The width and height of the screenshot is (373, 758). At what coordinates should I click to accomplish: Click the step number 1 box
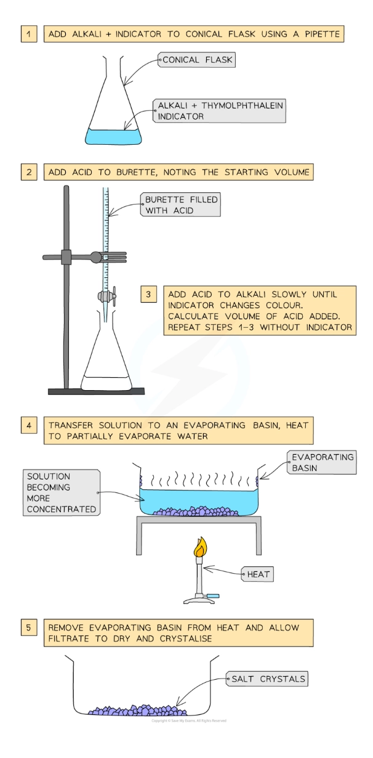(x=28, y=34)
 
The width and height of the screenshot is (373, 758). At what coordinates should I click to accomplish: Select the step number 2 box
(x=28, y=172)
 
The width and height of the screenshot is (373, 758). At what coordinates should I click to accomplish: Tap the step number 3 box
(x=148, y=295)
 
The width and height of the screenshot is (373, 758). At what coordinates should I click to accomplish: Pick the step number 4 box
(x=28, y=425)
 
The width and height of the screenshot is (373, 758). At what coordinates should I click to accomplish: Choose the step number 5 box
(x=28, y=628)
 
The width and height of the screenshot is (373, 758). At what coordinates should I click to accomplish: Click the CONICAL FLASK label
(x=196, y=60)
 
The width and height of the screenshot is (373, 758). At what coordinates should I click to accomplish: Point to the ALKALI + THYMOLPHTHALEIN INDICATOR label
(x=219, y=111)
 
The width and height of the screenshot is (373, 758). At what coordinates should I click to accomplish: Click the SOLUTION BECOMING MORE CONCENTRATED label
(x=61, y=493)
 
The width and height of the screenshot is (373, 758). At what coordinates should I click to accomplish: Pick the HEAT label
(x=258, y=574)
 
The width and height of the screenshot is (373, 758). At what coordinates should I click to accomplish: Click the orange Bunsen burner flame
(x=200, y=547)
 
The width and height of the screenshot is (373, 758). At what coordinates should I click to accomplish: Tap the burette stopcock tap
(x=105, y=296)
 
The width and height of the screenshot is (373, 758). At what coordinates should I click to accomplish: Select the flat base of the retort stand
(x=96, y=391)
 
